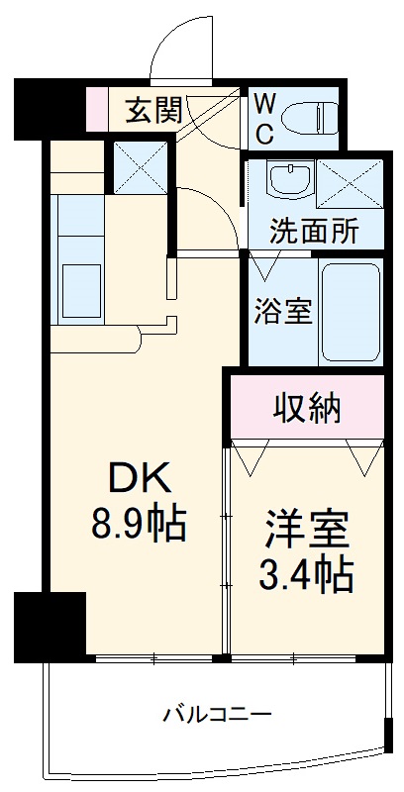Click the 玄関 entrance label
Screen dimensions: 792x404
154,111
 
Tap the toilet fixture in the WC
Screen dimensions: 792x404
310,117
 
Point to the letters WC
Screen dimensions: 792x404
265,119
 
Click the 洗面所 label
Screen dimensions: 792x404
315,233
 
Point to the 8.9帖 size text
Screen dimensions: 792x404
139,524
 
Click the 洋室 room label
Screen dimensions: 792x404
308,530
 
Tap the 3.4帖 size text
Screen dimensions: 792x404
308,573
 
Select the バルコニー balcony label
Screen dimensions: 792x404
218,713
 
